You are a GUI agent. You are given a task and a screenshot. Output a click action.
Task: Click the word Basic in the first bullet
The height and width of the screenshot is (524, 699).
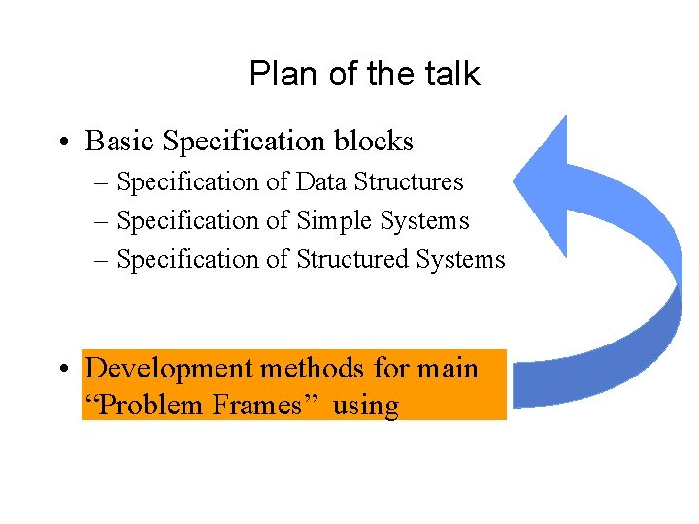click(x=120, y=142)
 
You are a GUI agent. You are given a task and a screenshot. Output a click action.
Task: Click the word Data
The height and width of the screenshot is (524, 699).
click(x=321, y=182)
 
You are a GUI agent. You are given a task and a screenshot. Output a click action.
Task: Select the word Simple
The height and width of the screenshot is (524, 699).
click(x=339, y=221)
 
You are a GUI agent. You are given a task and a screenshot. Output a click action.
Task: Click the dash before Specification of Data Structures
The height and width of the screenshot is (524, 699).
click(x=103, y=182)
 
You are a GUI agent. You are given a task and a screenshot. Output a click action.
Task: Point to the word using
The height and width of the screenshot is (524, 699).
click(x=365, y=406)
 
